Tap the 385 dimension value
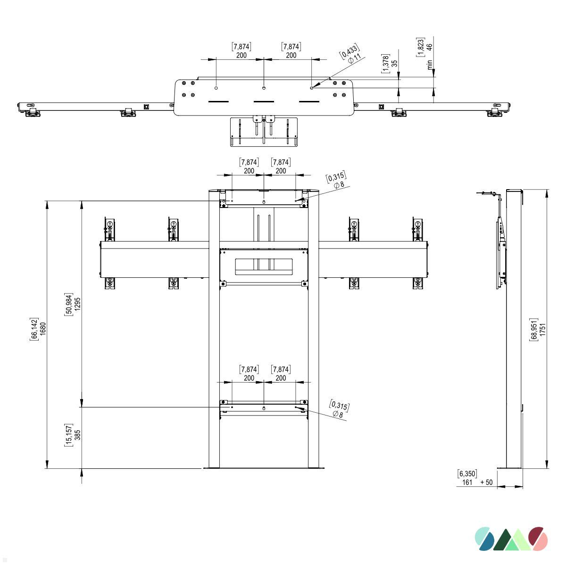click(x=78, y=434)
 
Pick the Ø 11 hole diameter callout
click(x=354, y=59)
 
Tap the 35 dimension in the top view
click(x=394, y=62)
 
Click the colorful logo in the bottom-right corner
click(x=511, y=539)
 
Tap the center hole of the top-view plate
click(x=264, y=88)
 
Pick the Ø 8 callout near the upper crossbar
click(x=339, y=185)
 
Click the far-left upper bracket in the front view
click(x=109, y=230)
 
